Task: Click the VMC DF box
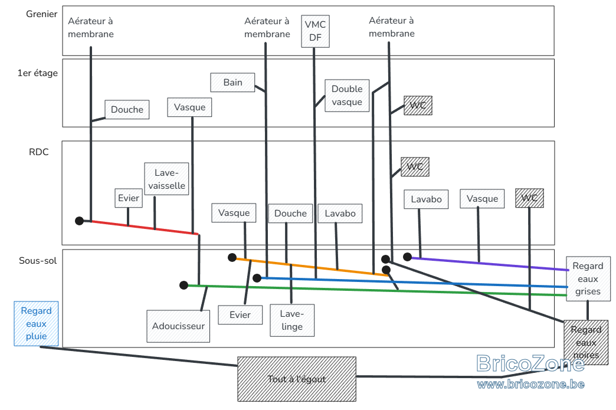click(x=315, y=31)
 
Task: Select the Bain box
click(x=232, y=83)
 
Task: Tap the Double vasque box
click(x=347, y=96)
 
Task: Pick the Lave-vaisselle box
click(x=166, y=179)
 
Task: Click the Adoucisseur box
click(x=178, y=326)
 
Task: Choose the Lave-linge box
click(x=292, y=320)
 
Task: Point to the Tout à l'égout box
click(x=297, y=379)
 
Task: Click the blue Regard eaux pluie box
click(x=36, y=324)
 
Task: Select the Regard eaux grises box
click(x=588, y=279)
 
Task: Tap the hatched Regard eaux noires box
click(x=586, y=342)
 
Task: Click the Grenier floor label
click(x=42, y=14)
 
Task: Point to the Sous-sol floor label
click(x=38, y=261)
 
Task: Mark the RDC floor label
click(x=39, y=152)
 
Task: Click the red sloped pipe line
click(x=144, y=227)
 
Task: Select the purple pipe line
click(x=490, y=264)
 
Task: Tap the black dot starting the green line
click(x=184, y=285)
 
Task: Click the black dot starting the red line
click(x=79, y=221)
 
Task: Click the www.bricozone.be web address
click(x=531, y=384)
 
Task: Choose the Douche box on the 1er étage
click(x=127, y=110)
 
